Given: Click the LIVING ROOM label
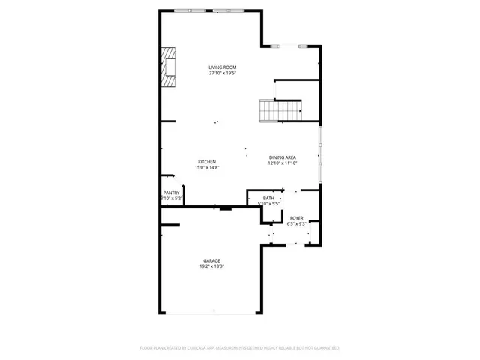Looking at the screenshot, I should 223,67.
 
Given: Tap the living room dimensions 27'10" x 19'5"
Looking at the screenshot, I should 223,73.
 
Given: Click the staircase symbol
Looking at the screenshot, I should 270,110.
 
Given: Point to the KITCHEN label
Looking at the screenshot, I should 207,162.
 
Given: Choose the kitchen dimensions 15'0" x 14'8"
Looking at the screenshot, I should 207,168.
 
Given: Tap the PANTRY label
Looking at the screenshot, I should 171,193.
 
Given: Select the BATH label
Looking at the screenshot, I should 268,198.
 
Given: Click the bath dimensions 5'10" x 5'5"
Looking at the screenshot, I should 268,204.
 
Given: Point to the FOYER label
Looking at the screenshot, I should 296,217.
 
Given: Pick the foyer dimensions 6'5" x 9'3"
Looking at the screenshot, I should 296,223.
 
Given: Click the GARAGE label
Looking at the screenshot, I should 211,260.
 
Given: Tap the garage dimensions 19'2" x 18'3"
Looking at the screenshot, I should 211,266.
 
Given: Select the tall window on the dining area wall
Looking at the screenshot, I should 321,154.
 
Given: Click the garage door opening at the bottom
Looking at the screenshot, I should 212,313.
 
